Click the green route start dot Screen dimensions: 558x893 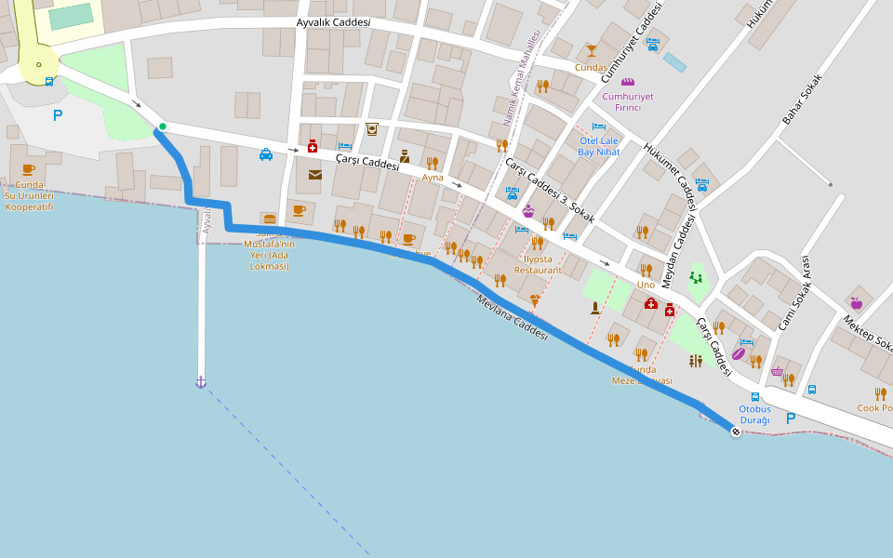[163, 126]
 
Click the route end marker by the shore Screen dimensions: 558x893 [736, 432]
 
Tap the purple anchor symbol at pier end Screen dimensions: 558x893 [200, 382]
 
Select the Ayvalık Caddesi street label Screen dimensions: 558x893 [333, 22]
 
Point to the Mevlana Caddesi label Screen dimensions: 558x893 [513, 317]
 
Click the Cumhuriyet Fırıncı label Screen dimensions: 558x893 [628, 101]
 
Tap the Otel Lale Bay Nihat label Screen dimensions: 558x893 [599, 146]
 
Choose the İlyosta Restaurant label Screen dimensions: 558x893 [538, 264]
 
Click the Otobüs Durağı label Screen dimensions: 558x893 [754, 415]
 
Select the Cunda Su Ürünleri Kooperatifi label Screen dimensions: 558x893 [29, 195]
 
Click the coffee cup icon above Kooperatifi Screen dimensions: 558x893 [28, 169]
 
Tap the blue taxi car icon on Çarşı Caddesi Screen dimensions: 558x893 [266, 154]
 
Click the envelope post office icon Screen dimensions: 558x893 [314, 174]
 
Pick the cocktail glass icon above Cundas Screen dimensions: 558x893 [591, 50]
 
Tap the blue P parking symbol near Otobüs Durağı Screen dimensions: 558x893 [791, 418]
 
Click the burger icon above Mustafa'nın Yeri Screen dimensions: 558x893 [270, 219]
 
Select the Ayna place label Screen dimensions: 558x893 [433, 177]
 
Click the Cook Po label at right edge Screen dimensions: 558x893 [874, 408]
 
